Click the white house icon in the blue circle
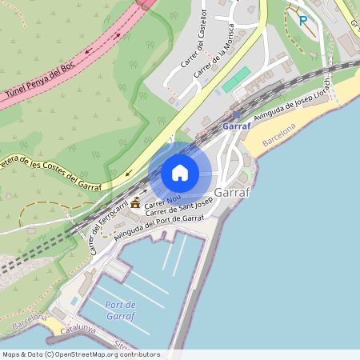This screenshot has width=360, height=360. (x=180, y=173)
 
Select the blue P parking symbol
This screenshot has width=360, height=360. (x=303, y=21)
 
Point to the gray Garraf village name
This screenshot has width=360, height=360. (x=233, y=192)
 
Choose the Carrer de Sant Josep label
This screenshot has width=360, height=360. (x=179, y=211)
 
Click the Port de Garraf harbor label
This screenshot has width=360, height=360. (x=120, y=310)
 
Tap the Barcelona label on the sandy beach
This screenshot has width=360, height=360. (x=278, y=134)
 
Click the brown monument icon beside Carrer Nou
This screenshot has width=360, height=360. (x=135, y=202)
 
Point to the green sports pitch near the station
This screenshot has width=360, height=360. (x=236, y=80)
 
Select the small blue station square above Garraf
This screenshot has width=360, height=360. (x=236, y=114)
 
